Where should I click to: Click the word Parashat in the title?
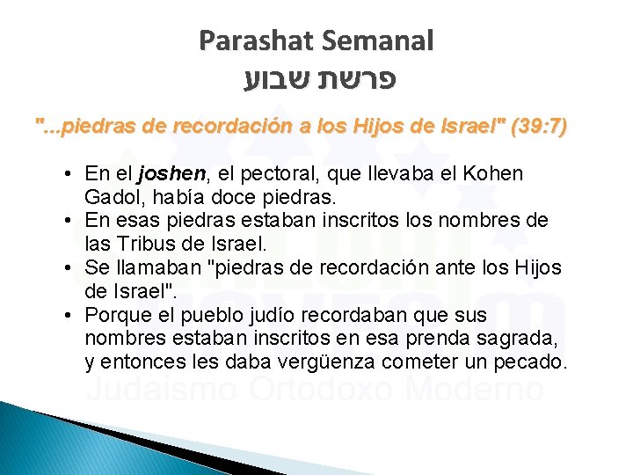[253, 40]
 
